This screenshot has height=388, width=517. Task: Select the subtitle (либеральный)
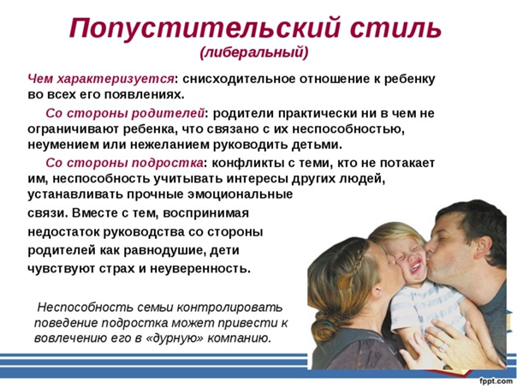click(254, 53)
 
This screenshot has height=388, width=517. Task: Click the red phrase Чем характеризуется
click(101, 80)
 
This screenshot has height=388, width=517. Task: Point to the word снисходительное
click(239, 79)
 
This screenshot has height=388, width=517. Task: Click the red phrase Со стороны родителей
click(125, 113)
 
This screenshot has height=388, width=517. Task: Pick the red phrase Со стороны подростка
click(124, 163)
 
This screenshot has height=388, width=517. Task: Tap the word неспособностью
click(348, 129)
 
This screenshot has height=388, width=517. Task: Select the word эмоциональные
click(240, 194)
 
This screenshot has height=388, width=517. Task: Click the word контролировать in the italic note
click(229, 307)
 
